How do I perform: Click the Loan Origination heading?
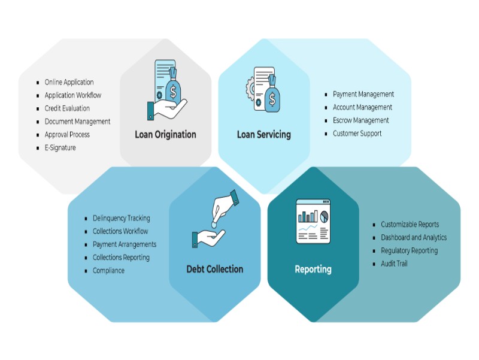[165, 134]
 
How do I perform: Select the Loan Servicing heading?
[263, 134]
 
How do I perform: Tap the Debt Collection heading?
[214, 269]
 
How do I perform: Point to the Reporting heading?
[313, 269]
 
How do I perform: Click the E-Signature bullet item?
[60, 148]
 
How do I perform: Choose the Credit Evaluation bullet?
[67, 108]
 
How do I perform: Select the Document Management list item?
[77, 122]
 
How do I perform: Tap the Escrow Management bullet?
[360, 120]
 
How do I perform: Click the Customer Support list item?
[357, 134]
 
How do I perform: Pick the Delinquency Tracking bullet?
[121, 218]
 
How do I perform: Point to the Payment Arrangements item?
[124, 244]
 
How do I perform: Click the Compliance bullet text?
[108, 271]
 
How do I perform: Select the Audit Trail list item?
[394, 264]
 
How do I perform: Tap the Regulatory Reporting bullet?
[409, 250]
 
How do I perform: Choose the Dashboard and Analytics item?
[414, 237]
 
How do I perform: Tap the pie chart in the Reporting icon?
[325, 215]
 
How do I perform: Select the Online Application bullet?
[69, 82]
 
